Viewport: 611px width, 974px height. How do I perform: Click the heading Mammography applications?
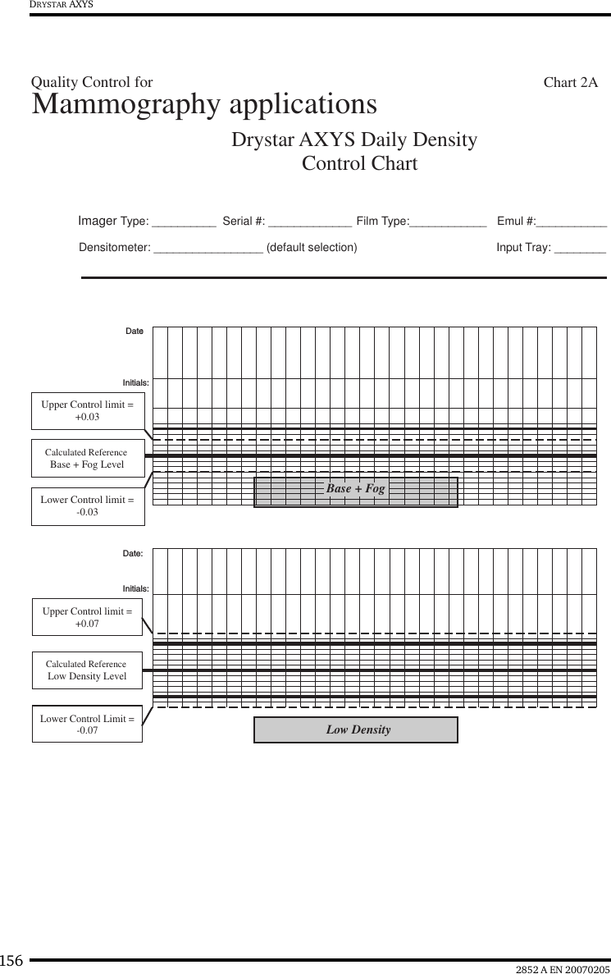tap(204, 105)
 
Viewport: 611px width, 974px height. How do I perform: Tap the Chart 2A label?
tap(570, 82)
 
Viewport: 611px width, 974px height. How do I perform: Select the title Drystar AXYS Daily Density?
tap(354, 139)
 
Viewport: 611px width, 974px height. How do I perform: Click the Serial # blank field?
tap(310, 222)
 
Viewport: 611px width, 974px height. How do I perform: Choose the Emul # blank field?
tap(572, 222)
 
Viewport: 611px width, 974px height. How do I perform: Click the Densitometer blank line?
tap(208, 249)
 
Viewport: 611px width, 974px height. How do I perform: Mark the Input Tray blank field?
tap(580, 249)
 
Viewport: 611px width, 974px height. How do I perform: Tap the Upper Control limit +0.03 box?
tap(88, 411)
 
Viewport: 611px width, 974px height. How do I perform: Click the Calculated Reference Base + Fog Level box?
tap(88, 459)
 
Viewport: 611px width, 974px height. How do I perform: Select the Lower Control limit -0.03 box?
tap(88, 505)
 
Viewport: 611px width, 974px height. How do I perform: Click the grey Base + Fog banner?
tap(356, 490)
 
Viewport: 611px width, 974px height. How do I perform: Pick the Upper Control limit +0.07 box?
tap(87, 618)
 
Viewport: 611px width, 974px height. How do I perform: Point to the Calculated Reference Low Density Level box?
tap(87, 670)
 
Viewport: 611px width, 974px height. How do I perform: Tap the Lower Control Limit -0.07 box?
tap(87, 724)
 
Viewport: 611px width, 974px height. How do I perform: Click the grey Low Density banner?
tap(356, 729)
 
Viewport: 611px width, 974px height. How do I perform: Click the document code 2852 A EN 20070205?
tap(563, 969)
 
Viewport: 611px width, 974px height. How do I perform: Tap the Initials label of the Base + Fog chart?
tap(135, 383)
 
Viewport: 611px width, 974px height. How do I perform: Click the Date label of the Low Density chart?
tap(133, 554)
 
